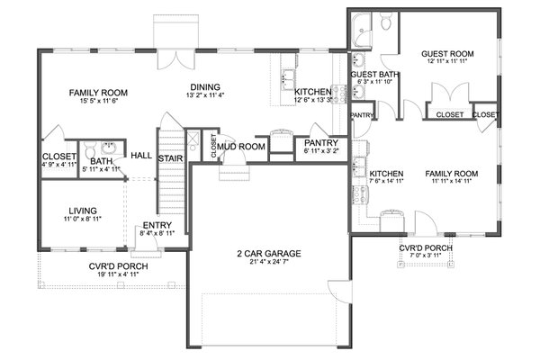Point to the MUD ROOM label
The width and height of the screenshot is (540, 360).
pos(239,145)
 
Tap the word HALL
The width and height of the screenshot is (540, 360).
pos(140,156)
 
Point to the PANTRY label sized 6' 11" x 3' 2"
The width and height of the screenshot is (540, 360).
pos(321,142)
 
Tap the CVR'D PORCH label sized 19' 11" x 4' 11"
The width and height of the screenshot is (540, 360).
pos(113,266)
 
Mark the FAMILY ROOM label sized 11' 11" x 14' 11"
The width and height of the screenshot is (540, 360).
pos(451,173)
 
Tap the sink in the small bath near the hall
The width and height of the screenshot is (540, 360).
pos(108,149)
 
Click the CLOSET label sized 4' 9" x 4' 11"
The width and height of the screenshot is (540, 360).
pos(58,157)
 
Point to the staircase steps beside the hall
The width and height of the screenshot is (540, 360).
pos(170,184)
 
